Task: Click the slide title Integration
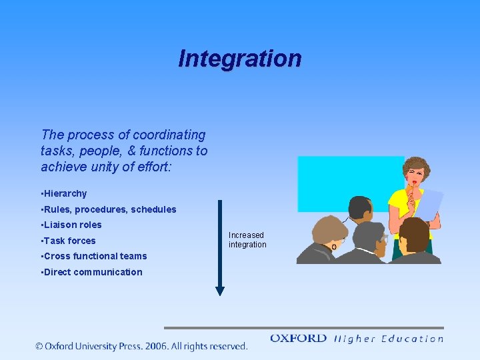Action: coord(239,59)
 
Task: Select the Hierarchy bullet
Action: coord(65,194)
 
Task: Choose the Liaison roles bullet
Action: coord(72,225)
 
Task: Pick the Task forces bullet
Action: coord(69,241)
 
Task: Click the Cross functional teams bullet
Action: coord(94,257)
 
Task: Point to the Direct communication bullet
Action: coord(92,272)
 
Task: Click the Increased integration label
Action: coord(247,240)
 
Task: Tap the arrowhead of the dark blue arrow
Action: coord(220,291)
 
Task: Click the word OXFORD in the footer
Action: coord(298,339)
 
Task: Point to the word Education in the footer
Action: coord(412,339)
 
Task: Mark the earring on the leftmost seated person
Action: coord(334,247)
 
